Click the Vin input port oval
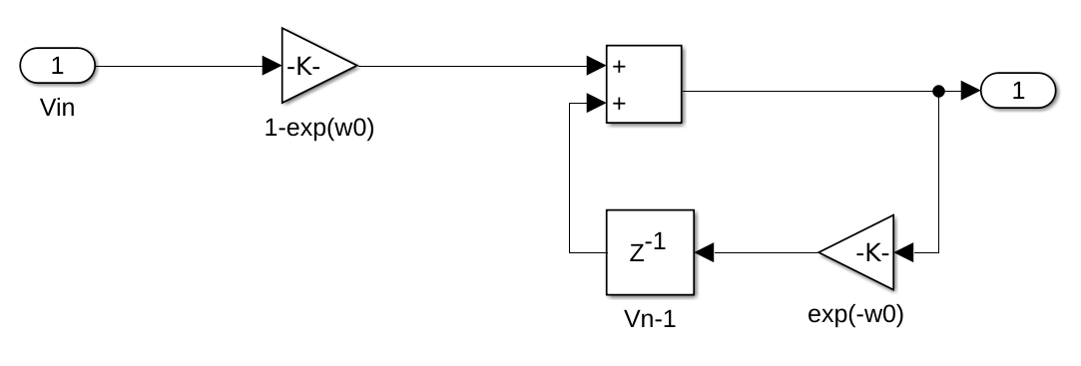click(57, 67)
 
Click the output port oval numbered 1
click(1018, 92)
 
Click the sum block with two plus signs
click(644, 84)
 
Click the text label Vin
click(57, 107)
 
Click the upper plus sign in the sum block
click(619, 67)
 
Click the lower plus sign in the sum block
click(619, 103)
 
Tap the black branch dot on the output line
click(938, 92)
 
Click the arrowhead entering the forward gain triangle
click(271, 67)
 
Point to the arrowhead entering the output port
click(970, 92)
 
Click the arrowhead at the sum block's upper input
click(596, 67)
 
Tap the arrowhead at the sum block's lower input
click(596, 103)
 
